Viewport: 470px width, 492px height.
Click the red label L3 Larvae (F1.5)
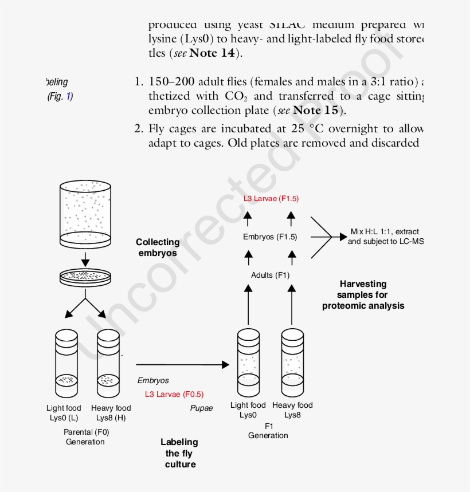(x=271, y=199)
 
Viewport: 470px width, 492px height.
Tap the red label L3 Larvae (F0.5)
(x=174, y=394)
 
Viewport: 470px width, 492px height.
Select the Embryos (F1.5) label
(x=270, y=237)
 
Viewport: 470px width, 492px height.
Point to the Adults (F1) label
(x=270, y=275)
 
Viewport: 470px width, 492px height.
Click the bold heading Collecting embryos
(x=158, y=247)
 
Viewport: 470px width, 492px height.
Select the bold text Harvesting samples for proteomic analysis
(x=363, y=294)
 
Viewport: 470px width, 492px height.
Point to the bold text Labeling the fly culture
(x=179, y=452)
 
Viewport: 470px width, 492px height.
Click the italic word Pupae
(x=201, y=408)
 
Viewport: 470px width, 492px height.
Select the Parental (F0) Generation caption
(x=85, y=437)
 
